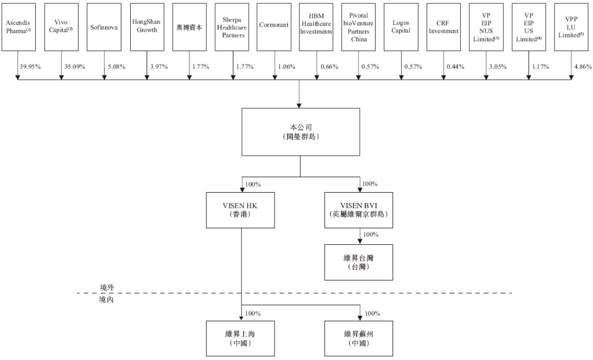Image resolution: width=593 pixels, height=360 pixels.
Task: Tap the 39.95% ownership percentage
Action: coord(31,67)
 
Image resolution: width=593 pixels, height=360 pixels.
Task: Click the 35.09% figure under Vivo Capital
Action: coord(74,67)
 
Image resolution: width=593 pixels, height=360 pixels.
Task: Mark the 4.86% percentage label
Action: coord(583,67)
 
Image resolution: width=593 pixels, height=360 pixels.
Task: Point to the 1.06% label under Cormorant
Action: coord(286,67)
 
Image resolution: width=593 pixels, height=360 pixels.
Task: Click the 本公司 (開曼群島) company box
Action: coord(300,132)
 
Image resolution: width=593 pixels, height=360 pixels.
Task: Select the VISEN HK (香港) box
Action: coord(240,210)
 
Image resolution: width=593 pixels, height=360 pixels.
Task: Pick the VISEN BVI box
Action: coord(360,210)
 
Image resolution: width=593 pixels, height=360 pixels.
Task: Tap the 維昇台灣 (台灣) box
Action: coord(360,261)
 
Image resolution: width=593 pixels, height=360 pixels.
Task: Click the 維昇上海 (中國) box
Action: coord(240,339)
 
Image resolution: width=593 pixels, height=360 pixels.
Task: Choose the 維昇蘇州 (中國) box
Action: coord(360,339)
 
